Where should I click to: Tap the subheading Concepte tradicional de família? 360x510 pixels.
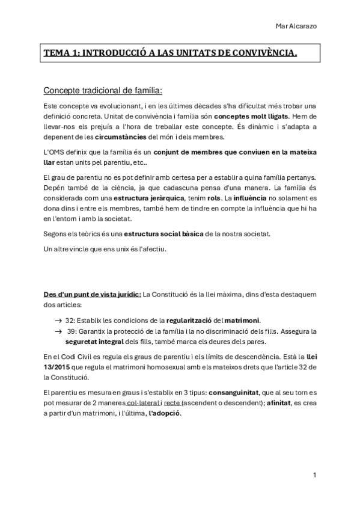pyautogui.click(x=103, y=91)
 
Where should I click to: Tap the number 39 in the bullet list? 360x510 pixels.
pyautogui.click(x=72, y=331)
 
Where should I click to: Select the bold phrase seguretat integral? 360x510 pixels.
pyautogui.click(x=97, y=342)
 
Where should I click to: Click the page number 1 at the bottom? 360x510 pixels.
pyautogui.click(x=314, y=475)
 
